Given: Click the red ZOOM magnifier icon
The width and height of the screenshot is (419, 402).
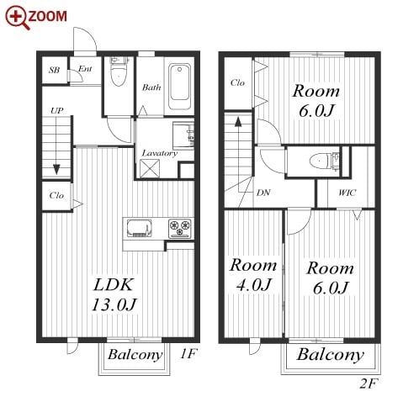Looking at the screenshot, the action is pos(18,18).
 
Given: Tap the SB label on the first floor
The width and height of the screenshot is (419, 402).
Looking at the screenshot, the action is pos(54,70).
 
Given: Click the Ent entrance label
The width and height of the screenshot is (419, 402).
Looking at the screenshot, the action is pos(85,68).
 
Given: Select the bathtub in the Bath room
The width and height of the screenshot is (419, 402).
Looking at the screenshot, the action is pos(180,87).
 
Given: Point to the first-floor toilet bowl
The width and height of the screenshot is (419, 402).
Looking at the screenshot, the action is pos(119,73).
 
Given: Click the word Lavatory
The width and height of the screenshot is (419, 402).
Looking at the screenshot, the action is pos(159,153).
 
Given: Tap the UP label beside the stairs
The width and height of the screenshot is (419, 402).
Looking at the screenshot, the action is pos(57,111).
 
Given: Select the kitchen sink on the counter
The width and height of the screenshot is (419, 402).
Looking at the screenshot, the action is pos(139,228).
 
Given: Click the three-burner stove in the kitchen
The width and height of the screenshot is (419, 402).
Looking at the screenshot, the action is pos(180,228).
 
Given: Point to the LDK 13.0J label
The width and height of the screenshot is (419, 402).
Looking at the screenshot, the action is pos(114,294).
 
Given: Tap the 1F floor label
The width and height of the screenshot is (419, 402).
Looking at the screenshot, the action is pos(188,354).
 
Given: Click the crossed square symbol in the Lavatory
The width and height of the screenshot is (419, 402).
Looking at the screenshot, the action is pos(150,168).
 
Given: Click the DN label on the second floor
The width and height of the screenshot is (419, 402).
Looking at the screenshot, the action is pos(263,193).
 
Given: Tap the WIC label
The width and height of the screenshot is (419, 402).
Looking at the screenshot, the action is pos(347,193).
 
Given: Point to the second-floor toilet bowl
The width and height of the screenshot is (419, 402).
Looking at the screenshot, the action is pos(320,161).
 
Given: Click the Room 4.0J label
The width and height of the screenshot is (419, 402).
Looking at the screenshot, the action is pos(253,275).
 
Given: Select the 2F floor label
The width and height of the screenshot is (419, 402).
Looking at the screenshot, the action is pos(369,383).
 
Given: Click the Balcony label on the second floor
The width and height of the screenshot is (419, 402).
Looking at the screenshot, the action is pos(331,355).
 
